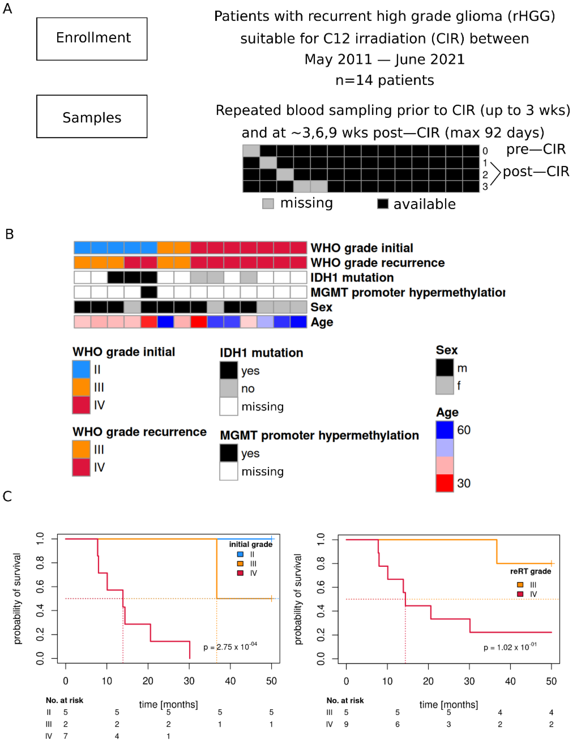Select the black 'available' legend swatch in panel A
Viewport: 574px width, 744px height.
click(383, 204)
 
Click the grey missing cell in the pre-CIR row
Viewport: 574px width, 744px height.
click(251, 151)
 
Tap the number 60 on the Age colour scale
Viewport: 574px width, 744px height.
click(463, 430)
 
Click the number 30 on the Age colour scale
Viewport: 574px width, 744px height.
click(463, 483)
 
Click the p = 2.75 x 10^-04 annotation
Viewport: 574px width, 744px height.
click(230, 646)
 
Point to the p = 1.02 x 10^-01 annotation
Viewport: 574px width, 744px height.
click(510, 647)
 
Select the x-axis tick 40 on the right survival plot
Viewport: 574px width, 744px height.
click(510, 681)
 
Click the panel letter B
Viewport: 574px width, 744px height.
click(10, 234)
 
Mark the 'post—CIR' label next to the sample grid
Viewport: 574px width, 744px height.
click(536, 171)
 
